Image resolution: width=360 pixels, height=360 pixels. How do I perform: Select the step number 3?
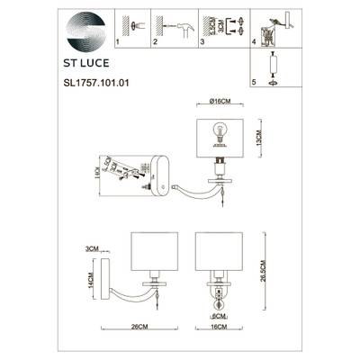click(x=203, y=41)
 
